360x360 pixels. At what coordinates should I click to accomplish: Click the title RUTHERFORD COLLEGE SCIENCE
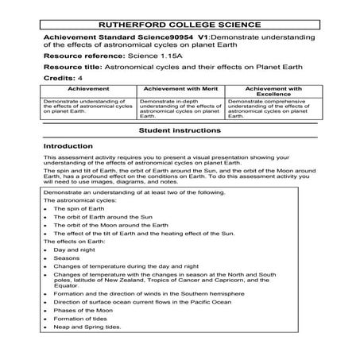[180, 24]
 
